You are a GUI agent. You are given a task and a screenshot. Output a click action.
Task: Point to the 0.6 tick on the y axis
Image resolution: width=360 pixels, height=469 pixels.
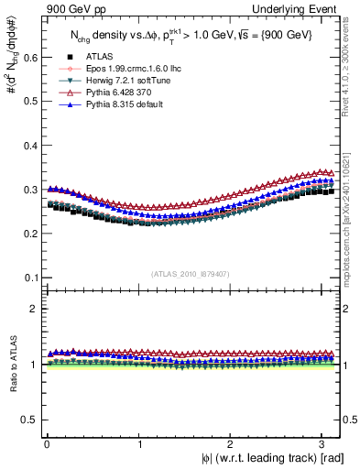click(26, 57)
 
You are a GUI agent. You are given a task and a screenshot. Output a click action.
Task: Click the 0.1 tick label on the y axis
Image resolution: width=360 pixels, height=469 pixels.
click(26, 278)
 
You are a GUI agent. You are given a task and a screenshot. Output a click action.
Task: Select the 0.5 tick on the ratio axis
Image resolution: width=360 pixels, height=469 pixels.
click(26, 420)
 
